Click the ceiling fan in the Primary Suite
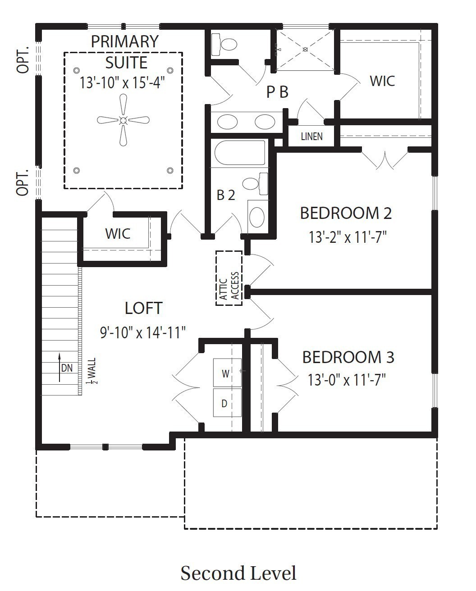point(123,120)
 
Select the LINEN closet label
point(311,136)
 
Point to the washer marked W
point(227,373)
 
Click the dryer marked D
point(227,402)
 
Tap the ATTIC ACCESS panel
point(229,278)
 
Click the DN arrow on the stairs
point(59,368)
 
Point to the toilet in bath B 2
point(255,184)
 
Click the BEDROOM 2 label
point(346,213)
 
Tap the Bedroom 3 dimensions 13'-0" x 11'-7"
point(347,380)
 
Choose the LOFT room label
point(143,308)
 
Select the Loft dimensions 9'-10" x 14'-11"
point(143,332)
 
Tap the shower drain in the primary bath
point(305,50)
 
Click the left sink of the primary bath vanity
point(227,122)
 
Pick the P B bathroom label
point(278,92)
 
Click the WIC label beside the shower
point(382,81)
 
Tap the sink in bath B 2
point(257,217)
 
